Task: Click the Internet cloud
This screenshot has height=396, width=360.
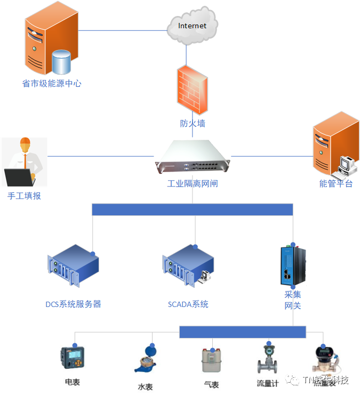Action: click(x=193, y=26)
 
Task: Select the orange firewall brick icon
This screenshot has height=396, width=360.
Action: click(x=192, y=89)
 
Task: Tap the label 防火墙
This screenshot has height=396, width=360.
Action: click(x=193, y=124)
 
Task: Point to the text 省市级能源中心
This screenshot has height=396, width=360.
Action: click(x=52, y=84)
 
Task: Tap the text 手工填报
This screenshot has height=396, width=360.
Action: click(x=24, y=196)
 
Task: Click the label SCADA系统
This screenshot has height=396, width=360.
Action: click(x=188, y=305)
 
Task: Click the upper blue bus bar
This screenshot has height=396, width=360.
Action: click(x=193, y=209)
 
